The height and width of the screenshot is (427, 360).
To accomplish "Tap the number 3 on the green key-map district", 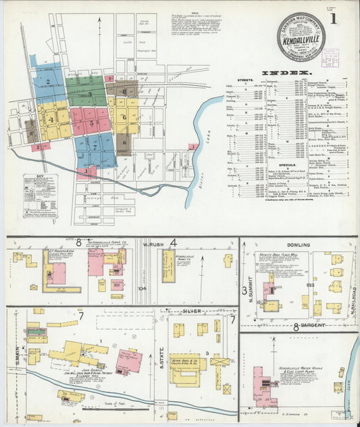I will [90, 94].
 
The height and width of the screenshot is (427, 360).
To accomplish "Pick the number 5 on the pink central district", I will [91, 123].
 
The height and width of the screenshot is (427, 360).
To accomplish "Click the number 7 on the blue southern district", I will [95, 145].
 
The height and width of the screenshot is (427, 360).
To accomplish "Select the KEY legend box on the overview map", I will [40, 196].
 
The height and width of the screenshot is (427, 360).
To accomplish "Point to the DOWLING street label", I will [299, 245].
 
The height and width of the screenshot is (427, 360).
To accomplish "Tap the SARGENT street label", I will [310, 326].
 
